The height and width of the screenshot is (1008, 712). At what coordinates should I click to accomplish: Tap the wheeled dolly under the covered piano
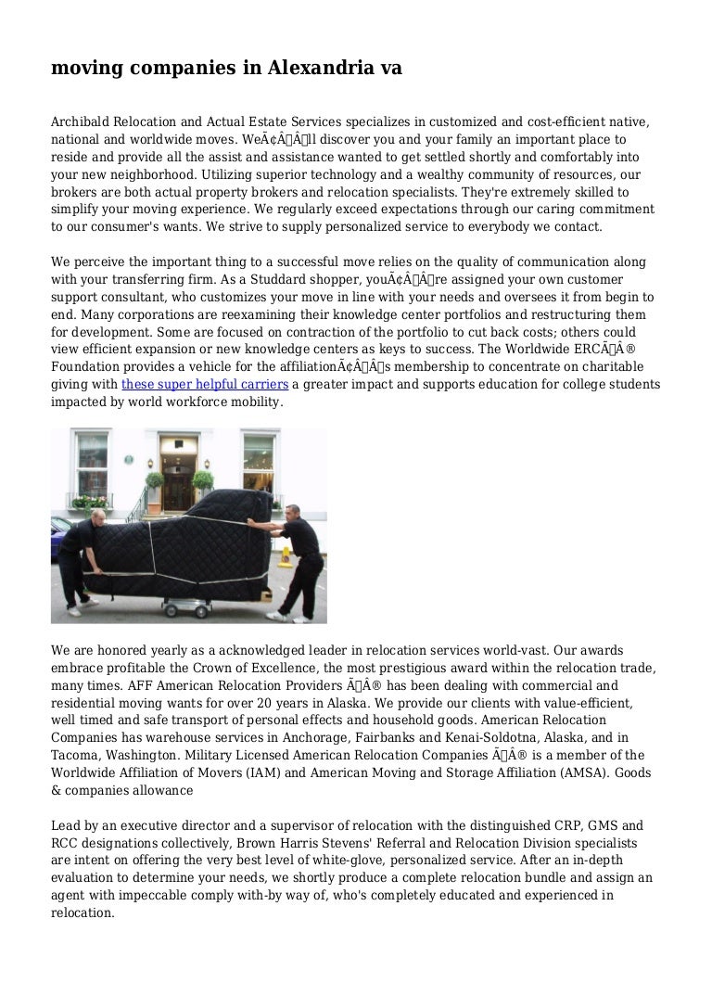coord(198,606)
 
